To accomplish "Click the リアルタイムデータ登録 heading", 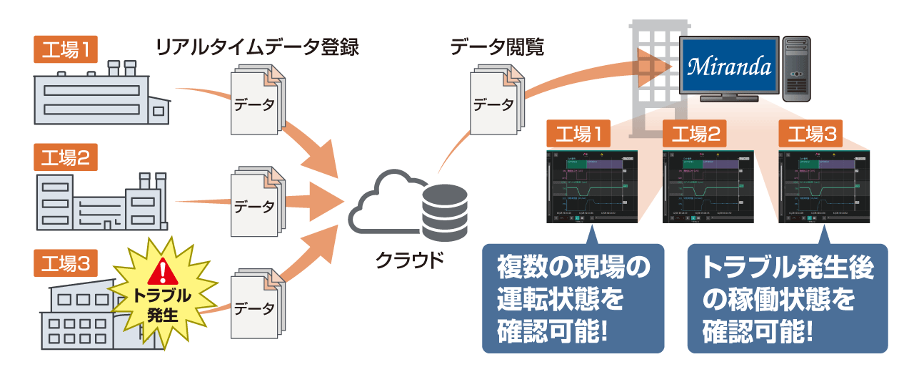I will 256,49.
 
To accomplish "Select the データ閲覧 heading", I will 497,49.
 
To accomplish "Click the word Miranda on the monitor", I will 728,67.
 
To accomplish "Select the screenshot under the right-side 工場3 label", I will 825,187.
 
